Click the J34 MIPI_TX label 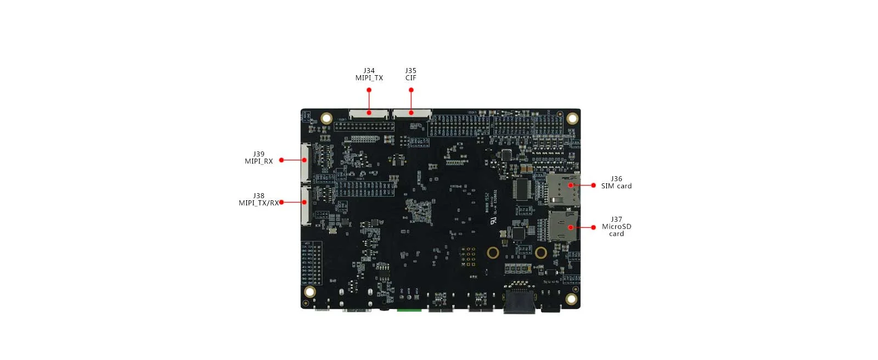tap(369, 74)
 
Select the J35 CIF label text tap(410, 74)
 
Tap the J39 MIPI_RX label tap(258, 157)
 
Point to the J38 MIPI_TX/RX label tap(258, 199)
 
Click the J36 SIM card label tap(616, 182)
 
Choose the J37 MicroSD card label tap(616, 226)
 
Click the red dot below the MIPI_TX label tap(369, 90)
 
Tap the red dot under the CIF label tap(411, 90)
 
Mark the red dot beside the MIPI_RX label tap(282, 160)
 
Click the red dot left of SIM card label tap(593, 185)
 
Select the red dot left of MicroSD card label tap(593, 227)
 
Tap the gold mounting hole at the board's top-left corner tap(327, 118)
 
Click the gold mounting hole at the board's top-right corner tap(572, 118)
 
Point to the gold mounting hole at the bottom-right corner tap(571, 299)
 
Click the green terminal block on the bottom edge tap(409, 310)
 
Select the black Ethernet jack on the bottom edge tap(520, 303)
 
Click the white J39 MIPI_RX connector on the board tap(305, 162)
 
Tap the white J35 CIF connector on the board tap(411, 114)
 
